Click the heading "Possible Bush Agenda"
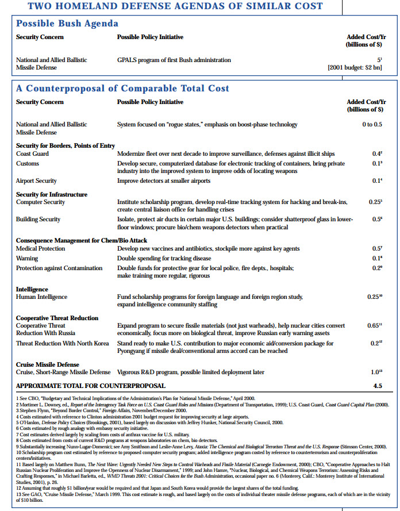67,24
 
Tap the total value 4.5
376,386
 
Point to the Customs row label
27,164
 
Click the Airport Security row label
36,181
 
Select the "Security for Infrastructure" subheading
52,194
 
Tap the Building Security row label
38,220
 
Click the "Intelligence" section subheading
32,289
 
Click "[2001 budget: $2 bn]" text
355,68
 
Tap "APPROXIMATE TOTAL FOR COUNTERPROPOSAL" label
90,386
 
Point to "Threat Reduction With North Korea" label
63,343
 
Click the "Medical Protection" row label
41,248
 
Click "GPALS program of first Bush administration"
174,60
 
